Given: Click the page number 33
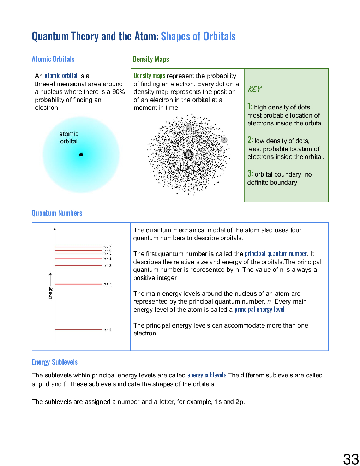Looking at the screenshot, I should click(351, 459).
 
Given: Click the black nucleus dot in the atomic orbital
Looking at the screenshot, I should click(81, 155).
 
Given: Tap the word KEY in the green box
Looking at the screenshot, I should click(254, 89).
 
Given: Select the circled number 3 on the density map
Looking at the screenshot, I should click(224, 140).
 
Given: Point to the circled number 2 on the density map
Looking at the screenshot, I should click(188, 126).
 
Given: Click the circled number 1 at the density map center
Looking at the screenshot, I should click(188, 155).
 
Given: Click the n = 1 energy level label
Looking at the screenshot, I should click(108, 330).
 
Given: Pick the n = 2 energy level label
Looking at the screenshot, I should click(108, 284).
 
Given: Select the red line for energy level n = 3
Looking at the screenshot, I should click(78, 265).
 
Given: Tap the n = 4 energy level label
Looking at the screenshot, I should click(108, 259).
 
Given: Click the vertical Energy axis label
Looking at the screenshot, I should click(50, 293).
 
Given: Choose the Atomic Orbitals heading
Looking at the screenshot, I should click(53, 59).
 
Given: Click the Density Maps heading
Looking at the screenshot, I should click(151, 59).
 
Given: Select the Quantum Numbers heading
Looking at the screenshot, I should click(57, 213).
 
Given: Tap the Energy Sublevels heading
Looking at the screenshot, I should click(55, 362).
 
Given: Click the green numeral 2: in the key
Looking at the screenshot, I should click(250, 140).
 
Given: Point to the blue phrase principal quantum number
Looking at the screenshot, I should click(276, 254).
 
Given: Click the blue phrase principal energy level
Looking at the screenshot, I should click(259, 310).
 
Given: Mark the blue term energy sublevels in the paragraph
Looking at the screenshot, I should click(207, 375).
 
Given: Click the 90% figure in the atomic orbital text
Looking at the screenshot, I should click(118, 92).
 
